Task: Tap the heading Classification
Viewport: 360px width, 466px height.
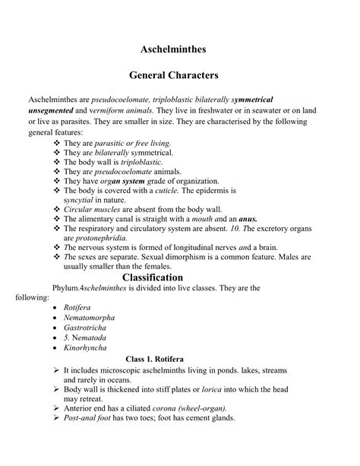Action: (179, 277)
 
